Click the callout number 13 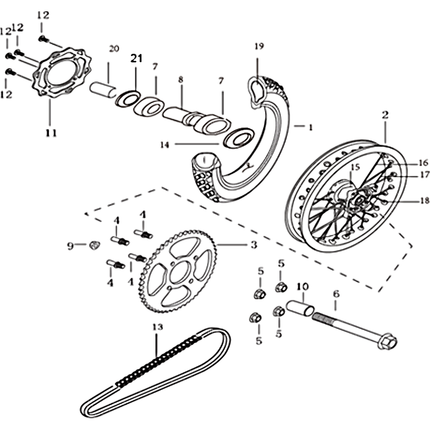(x=157, y=327)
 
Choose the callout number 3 (x=254, y=245)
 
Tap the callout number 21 (x=136, y=59)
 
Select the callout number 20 (x=113, y=49)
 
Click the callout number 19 (x=259, y=46)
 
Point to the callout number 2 (x=385, y=114)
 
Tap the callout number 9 (x=70, y=246)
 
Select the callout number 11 (x=51, y=133)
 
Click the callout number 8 (x=181, y=80)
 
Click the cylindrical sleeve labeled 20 (x=105, y=88)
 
